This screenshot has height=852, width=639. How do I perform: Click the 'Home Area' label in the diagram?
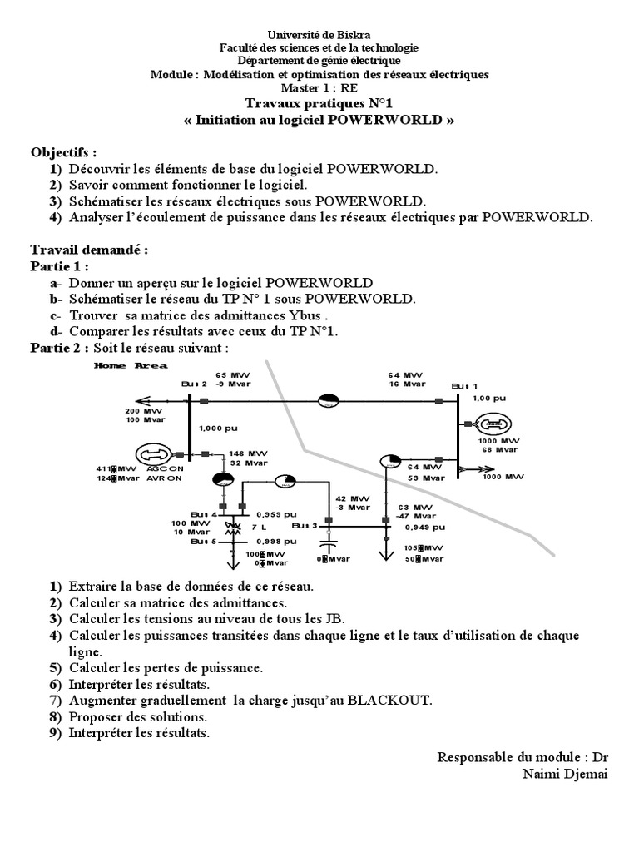coord(131,365)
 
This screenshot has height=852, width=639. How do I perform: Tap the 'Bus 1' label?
coord(465,386)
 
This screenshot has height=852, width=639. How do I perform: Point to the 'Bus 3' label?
coord(305,526)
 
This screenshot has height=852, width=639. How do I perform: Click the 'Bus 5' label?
coord(203,542)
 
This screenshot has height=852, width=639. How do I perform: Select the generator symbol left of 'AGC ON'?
coord(152,454)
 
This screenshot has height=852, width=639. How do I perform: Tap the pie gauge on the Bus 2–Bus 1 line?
coord(329,401)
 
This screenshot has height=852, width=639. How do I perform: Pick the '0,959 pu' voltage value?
coord(275,513)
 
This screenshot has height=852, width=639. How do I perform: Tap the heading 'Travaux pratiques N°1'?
coord(319,102)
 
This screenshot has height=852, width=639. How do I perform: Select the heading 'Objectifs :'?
coord(63,152)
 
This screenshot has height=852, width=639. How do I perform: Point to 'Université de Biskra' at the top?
coord(319,34)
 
